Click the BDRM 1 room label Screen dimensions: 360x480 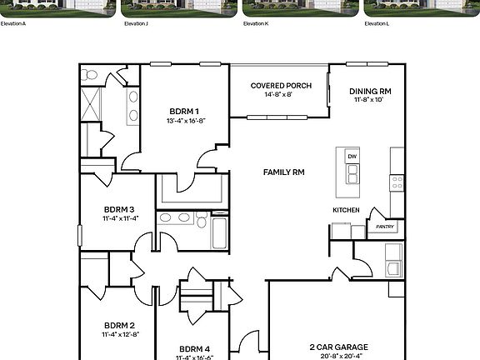(184, 111)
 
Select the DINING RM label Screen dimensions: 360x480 (370, 91)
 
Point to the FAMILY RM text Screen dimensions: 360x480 (284, 172)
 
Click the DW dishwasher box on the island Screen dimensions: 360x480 (352, 157)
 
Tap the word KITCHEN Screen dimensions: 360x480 (347, 210)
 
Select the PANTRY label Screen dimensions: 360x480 (385, 227)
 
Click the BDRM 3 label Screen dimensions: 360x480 (119, 209)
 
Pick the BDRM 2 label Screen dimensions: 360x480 (119, 325)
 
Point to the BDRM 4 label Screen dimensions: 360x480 (194, 348)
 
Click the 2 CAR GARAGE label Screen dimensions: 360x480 (339, 347)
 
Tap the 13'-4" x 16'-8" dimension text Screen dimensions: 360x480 (185, 121)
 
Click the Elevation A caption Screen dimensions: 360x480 (13, 24)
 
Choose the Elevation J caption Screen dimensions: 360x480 (136, 24)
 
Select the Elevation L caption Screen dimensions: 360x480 (377, 24)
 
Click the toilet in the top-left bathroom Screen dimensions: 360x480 (90, 75)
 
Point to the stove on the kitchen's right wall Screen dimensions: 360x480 (397, 181)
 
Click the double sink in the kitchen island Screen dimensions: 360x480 (352, 173)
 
